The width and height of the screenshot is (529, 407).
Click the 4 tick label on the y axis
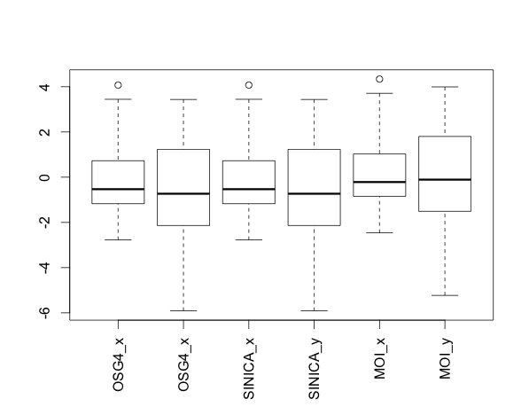(x=54, y=87)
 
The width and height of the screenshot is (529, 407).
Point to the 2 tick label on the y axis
(x=54, y=132)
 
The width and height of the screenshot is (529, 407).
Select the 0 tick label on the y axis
(x=54, y=177)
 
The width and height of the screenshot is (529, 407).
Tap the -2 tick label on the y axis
(x=54, y=223)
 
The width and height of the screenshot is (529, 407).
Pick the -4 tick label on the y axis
(x=54, y=268)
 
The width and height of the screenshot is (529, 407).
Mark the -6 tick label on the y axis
(x=54, y=313)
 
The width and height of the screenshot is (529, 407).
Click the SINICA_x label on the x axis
(x=249, y=361)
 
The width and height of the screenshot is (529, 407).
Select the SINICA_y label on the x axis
(x=315, y=361)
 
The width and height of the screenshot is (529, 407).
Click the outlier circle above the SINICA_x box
(x=249, y=85)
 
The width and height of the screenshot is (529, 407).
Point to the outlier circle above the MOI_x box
(x=379, y=79)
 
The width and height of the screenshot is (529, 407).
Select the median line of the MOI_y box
(x=445, y=179)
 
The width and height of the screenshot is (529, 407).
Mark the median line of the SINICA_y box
(x=315, y=193)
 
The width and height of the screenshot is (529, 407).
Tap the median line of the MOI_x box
(x=379, y=182)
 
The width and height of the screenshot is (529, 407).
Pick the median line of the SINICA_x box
(x=249, y=189)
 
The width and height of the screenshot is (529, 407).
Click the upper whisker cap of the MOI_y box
(x=445, y=87)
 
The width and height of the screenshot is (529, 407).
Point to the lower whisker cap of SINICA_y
(x=315, y=310)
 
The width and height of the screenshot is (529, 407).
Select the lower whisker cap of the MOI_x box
(x=379, y=232)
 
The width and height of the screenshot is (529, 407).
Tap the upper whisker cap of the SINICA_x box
(x=249, y=99)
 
